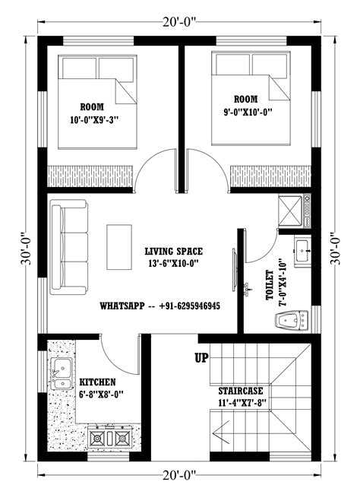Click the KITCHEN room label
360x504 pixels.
click(x=97, y=382)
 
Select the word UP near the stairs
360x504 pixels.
click(x=203, y=357)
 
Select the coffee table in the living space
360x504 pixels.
click(x=118, y=246)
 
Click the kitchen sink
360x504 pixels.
click(x=60, y=375)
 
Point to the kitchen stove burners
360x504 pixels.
click(x=108, y=438)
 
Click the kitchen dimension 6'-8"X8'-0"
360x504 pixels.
click(x=97, y=395)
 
